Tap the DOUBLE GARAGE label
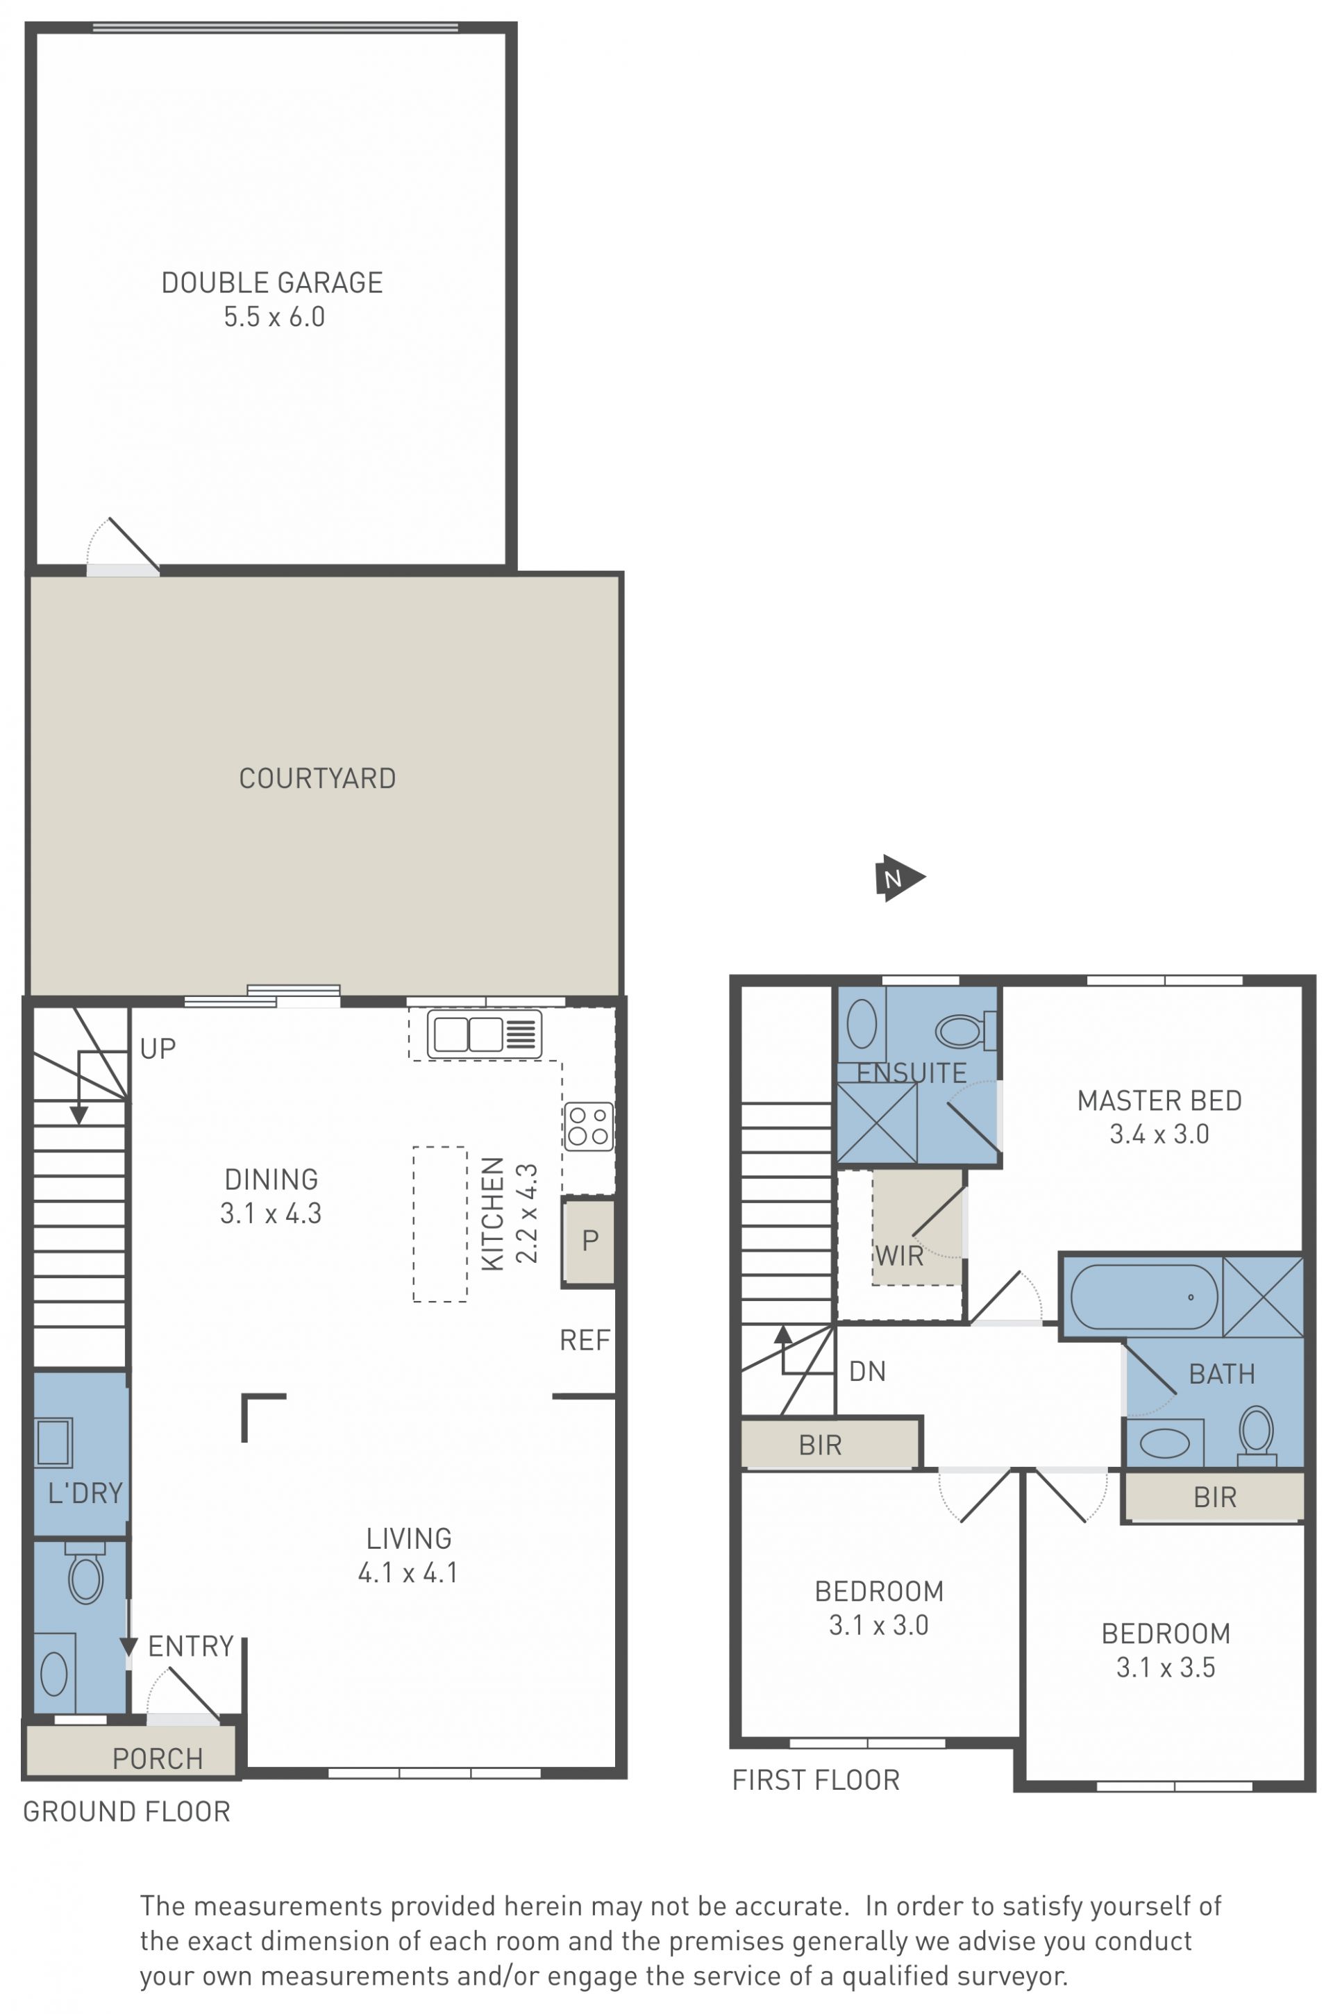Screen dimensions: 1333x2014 [x=272, y=283]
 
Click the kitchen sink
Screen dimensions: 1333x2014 [x=484, y=1034]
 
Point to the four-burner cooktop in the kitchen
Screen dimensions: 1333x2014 [x=587, y=1125]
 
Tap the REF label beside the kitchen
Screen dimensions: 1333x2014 [x=585, y=1341]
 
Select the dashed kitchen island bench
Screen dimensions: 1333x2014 [x=439, y=1224]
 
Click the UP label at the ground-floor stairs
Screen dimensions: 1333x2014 [x=158, y=1049]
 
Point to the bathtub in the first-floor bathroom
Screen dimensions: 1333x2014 [x=1143, y=1296]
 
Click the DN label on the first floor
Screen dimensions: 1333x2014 [x=867, y=1371]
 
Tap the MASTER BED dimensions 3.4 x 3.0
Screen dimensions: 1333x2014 [x=1159, y=1134]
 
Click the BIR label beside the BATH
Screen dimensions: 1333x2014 [x=1215, y=1497]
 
